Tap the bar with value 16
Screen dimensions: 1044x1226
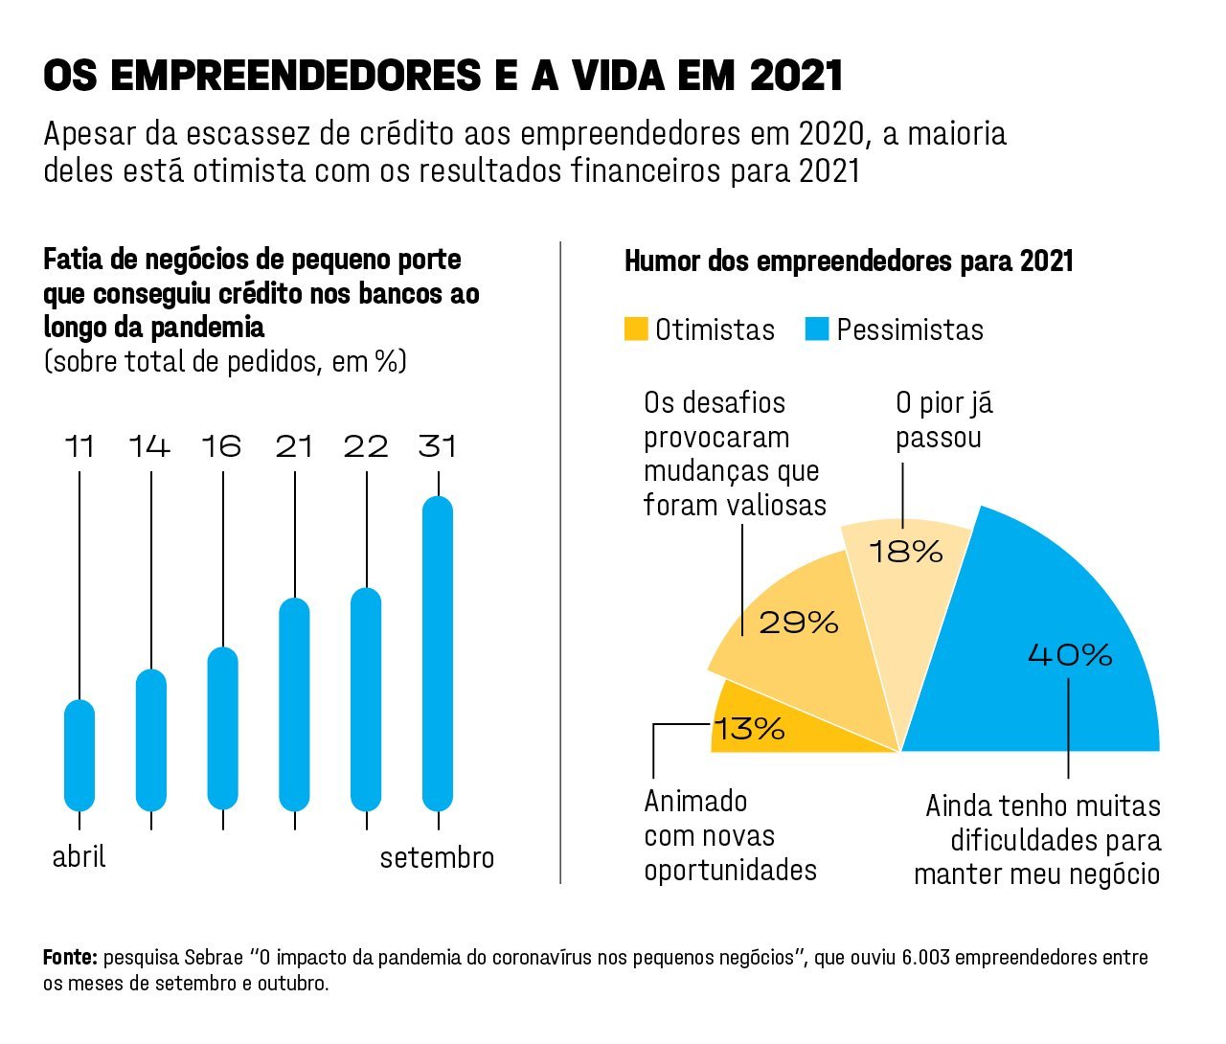(x=222, y=729)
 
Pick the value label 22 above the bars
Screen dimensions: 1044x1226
(x=366, y=446)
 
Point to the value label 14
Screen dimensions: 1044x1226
(x=150, y=446)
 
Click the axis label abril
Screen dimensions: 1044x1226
(x=79, y=856)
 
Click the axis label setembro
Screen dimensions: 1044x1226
(x=437, y=857)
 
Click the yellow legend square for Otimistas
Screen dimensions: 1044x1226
(x=636, y=329)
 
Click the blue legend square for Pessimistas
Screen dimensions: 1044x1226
(x=817, y=329)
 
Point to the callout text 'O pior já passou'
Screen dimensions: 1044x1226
(x=943, y=420)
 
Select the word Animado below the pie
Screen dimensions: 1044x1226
(x=695, y=801)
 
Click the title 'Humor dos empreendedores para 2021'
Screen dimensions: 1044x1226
(x=849, y=261)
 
